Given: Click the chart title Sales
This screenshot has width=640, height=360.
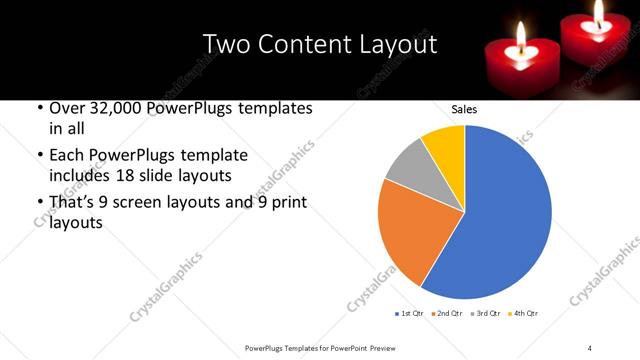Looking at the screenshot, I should coord(464,109).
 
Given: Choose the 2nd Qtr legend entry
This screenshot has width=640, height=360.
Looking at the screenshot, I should coord(446,314).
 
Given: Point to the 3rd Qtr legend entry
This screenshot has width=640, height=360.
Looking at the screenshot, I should coord(485,314).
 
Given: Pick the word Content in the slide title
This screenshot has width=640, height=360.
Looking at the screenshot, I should coord(301,44).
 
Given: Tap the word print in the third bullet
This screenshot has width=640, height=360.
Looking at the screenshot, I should coord(287,202).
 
